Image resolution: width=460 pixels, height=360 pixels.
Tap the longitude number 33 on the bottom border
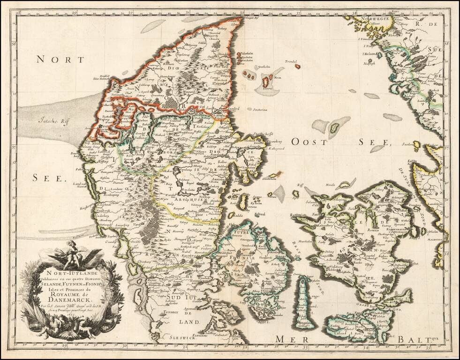(x=306, y=347)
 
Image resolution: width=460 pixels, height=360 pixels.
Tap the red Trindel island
(x=298, y=67)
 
